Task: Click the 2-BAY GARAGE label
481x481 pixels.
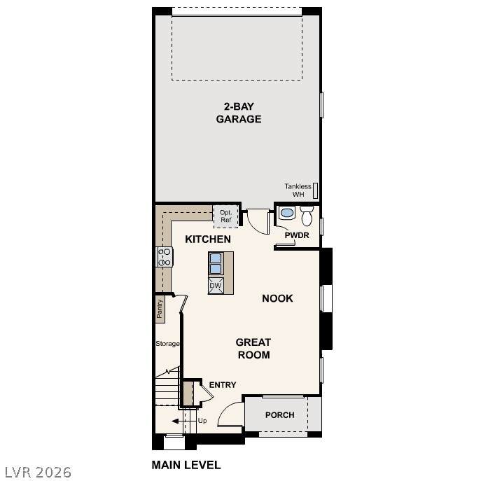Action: coord(239,113)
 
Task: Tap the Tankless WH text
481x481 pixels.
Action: coord(298,190)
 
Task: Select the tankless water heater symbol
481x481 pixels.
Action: coord(315,190)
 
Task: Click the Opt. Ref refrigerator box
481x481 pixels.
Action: coord(225,216)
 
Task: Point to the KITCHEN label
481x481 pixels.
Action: coord(208,239)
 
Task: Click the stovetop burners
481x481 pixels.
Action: coord(165,257)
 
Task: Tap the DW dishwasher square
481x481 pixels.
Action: coord(216,286)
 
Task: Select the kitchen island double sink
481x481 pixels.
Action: coord(216,263)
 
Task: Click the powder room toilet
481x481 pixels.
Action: coord(307,216)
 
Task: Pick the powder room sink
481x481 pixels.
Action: coord(287,213)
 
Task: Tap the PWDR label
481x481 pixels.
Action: coord(297,235)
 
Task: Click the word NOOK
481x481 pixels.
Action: coord(277,298)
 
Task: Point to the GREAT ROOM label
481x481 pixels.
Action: coord(253,349)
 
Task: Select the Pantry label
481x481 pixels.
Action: coord(160,309)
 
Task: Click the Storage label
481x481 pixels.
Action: coord(167,344)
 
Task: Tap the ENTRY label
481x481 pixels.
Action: coord(223,384)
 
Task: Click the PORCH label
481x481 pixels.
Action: coord(280,415)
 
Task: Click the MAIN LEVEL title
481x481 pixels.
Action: coord(186,465)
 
